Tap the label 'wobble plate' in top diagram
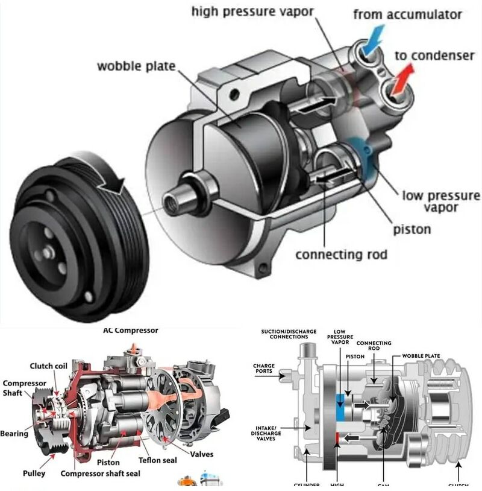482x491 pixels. [x=136, y=65]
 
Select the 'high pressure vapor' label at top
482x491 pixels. [x=261, y=12]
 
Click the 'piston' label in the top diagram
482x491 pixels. [x=412, y=229]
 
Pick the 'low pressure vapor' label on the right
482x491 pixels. [x=441, y=201]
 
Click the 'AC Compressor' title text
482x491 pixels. [x=131, y=330]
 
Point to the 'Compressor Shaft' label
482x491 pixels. [x=25, y=388]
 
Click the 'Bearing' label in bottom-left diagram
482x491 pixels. [x=14, y=433]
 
